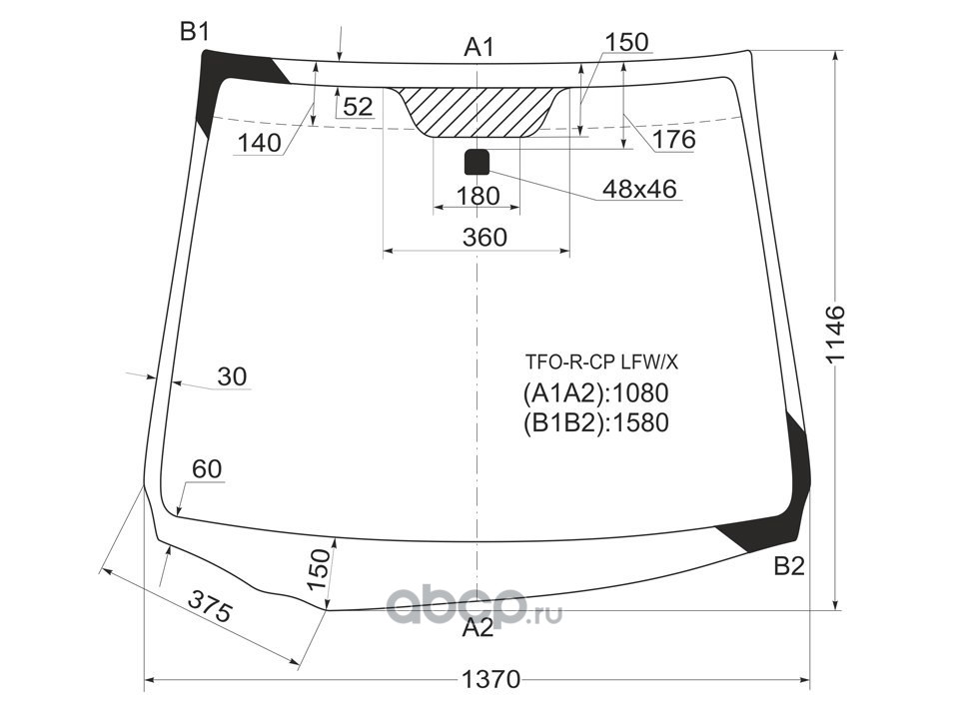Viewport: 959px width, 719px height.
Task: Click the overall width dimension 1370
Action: pyautogui.click(x=491, y=681)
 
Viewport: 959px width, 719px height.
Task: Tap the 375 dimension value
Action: pyautogui.click(x=210, y=606)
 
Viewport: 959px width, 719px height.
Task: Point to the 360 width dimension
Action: pyautogui.click(x=484, y=238)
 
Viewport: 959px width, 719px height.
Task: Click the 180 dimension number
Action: pyautogui.click(x=477, y=197)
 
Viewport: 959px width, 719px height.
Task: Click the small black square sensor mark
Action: pyautogui.click(x=477, y=161)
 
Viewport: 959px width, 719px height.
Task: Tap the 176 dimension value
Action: pyautogui.click(x=674, y=140)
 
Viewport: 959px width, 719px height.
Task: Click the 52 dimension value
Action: pyautogui.click(x=357, y=106)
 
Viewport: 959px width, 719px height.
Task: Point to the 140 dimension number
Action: pyautogui.click(x=260, y=143)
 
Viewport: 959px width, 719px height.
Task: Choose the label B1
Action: pyautogui.click(x=194, y=33)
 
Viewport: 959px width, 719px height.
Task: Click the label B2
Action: pyautogui.click(x=789, y=566)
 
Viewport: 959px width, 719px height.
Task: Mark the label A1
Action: pyautogui.click(x=479, y=46)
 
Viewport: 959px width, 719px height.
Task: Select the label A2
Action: pyautogui.click(x=478, y=628)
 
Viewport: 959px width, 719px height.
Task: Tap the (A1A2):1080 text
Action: pyautogui.click(x=595, y=392)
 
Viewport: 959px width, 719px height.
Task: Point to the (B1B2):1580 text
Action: pyautogui.click(x=595, y=423)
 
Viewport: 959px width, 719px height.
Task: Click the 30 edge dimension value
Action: pyautogui.click(x=231, y=376)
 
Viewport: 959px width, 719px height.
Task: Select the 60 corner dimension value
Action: pyautogui.click(x=207, y=469)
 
